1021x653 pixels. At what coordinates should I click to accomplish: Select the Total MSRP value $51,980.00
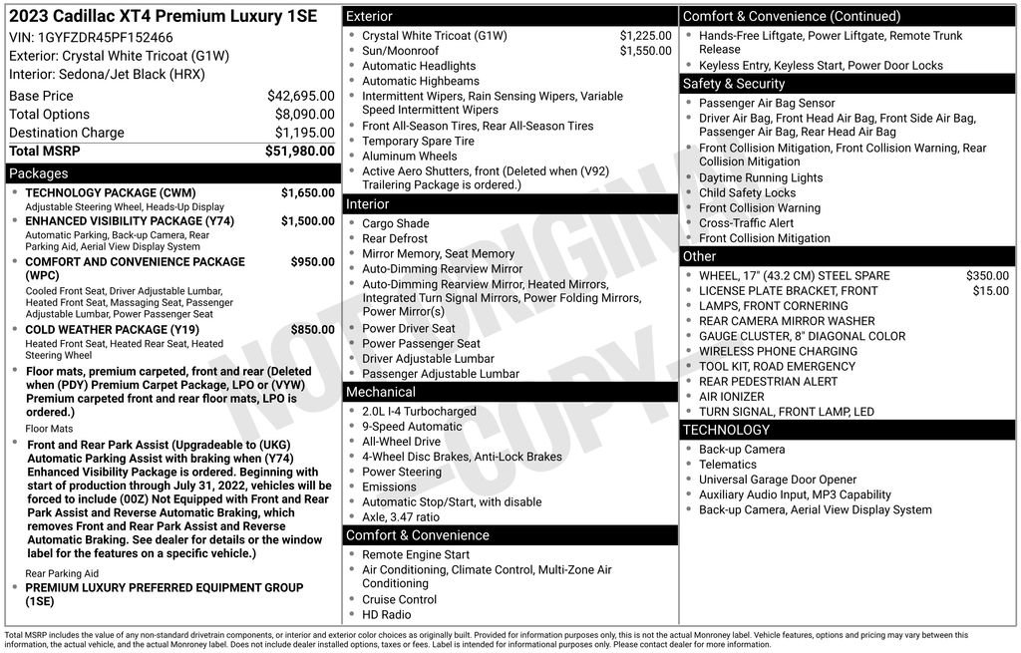(299, 151)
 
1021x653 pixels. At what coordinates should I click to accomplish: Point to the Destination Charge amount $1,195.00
(304, 133)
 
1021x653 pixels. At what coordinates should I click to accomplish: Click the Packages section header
(39, 173)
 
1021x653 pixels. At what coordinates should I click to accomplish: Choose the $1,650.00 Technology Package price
(307, 192)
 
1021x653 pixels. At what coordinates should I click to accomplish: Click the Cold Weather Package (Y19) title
(112, 330)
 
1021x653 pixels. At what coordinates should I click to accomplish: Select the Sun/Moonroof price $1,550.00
(645, 51)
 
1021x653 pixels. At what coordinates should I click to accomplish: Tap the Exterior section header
(369, 17)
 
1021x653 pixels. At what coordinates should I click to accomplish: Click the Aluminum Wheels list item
(409, 157)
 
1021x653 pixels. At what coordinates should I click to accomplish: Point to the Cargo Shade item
(395, 223)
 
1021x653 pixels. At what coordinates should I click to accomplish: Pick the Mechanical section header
(381, 392)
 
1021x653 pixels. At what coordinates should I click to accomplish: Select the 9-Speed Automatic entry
(412, 427)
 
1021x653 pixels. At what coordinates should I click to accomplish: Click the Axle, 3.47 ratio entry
(400, 517)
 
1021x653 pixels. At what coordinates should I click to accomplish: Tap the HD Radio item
(386, 615)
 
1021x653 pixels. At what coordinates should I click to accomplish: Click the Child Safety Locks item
(747, 193)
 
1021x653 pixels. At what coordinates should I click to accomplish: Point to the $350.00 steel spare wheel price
(987, 276)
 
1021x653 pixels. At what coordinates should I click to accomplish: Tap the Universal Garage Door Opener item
(778, 480)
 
